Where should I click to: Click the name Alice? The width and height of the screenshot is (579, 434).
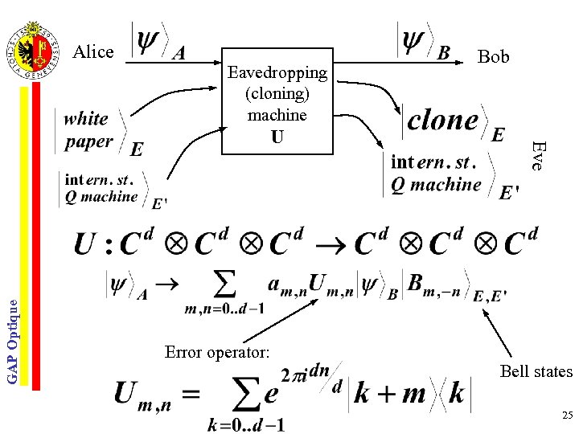(x=93, y=52)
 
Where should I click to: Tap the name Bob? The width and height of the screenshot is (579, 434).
(x=493, y=56)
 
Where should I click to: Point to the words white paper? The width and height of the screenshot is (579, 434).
(x=88, y=130)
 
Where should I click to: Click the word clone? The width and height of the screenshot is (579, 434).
(x=442, y=121)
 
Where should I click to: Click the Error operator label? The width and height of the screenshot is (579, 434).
(x=217, y=352)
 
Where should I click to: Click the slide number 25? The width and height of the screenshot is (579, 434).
(x=567, y=416)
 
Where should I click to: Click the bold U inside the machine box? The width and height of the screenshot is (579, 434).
(x=277, y=137)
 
